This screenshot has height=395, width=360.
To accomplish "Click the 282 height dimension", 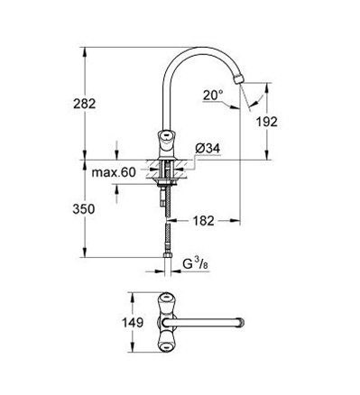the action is point(85,104).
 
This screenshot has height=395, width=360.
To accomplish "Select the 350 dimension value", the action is point(84,209).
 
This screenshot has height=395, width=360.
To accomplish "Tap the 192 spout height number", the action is point(267,122).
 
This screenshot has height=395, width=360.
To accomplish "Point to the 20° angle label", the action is point(213,96).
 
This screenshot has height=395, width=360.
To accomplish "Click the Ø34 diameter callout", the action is point(208,148).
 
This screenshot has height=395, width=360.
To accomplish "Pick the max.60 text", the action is point(114,172).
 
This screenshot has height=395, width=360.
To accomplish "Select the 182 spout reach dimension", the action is point(203,221).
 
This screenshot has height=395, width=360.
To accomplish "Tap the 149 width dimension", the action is point(133,323).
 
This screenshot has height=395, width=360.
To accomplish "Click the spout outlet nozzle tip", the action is point(238,79).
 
